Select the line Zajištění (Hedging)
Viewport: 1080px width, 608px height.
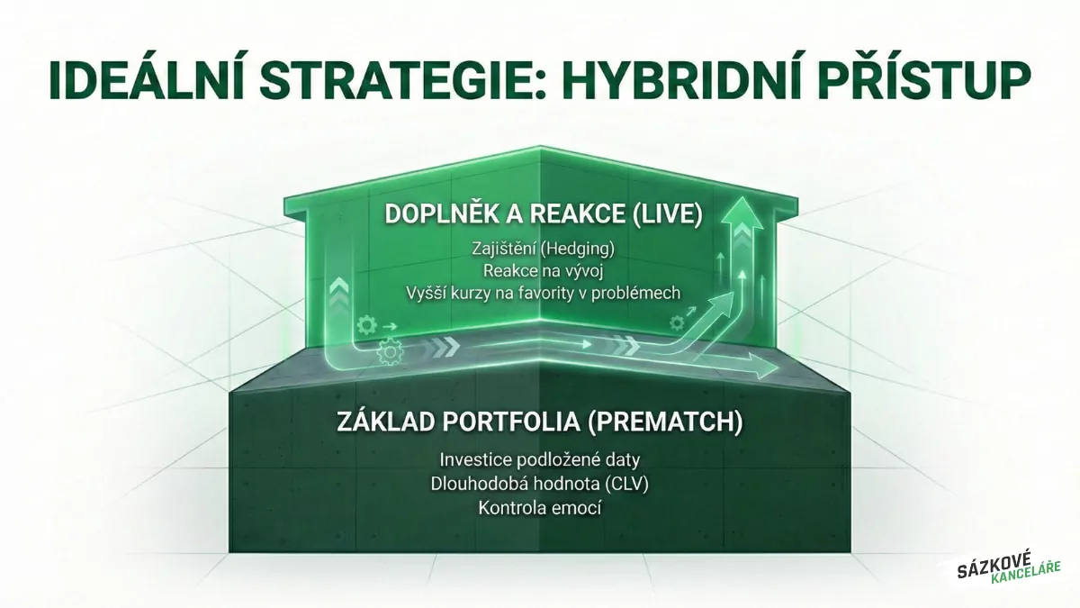point(540,248)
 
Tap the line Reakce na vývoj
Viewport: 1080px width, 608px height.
point(540,270)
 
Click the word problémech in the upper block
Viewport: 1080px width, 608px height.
point(640,294)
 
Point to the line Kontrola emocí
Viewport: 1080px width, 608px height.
point(540,507)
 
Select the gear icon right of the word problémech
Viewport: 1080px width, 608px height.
point(676,322)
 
